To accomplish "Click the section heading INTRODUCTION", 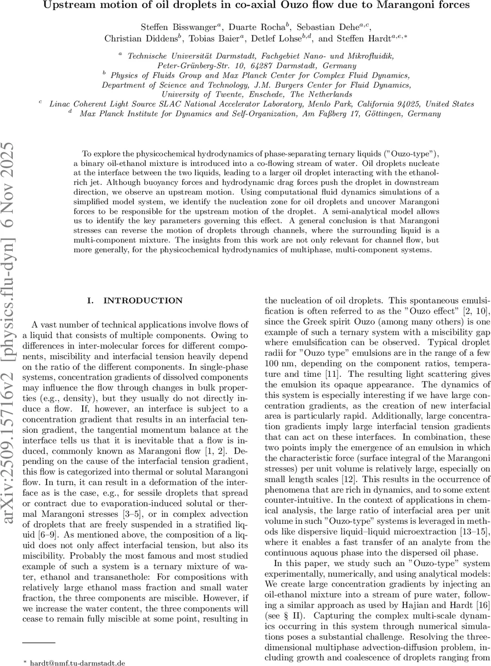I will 140,301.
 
